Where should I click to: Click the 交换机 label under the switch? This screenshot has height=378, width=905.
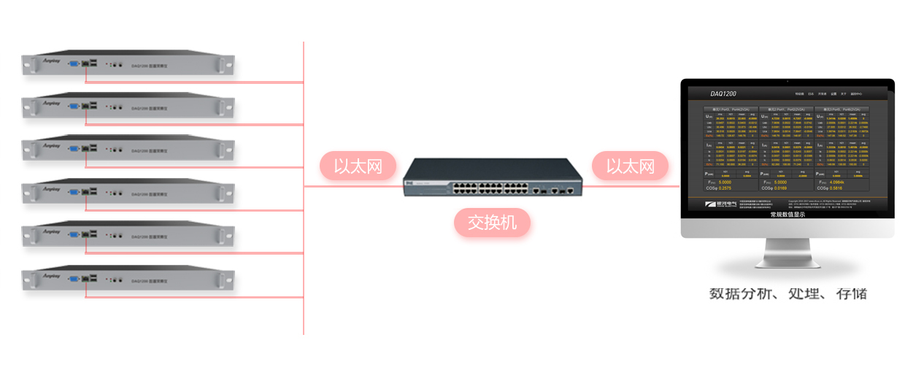pos(492,222)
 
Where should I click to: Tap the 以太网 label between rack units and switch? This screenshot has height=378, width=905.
pos(358,166)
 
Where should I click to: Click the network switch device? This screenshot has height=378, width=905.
pos(493,180)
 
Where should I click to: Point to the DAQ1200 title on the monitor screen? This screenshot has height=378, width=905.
pos(723,94)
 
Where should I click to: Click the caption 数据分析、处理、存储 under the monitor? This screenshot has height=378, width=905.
pos(787,294)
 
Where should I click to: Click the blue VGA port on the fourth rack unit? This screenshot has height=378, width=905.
pos(74,193)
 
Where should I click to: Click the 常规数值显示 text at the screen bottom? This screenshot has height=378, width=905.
pos(787,215)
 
